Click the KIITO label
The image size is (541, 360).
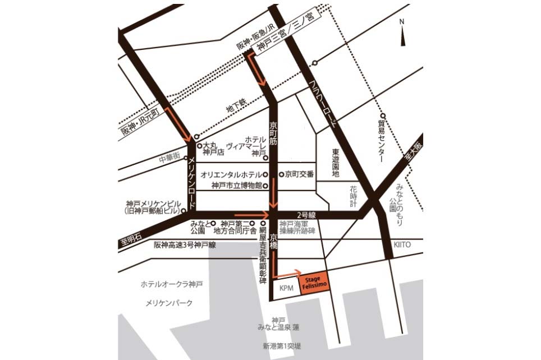coord(402,245)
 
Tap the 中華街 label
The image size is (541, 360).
coord(169,158)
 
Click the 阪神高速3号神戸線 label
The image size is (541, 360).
coord(185,245)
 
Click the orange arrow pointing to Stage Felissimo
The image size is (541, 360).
coord(290,273)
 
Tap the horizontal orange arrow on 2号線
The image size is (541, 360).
coord(251,214)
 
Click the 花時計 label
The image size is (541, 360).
coord(354,191)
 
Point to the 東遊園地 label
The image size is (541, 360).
coord(336,163)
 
